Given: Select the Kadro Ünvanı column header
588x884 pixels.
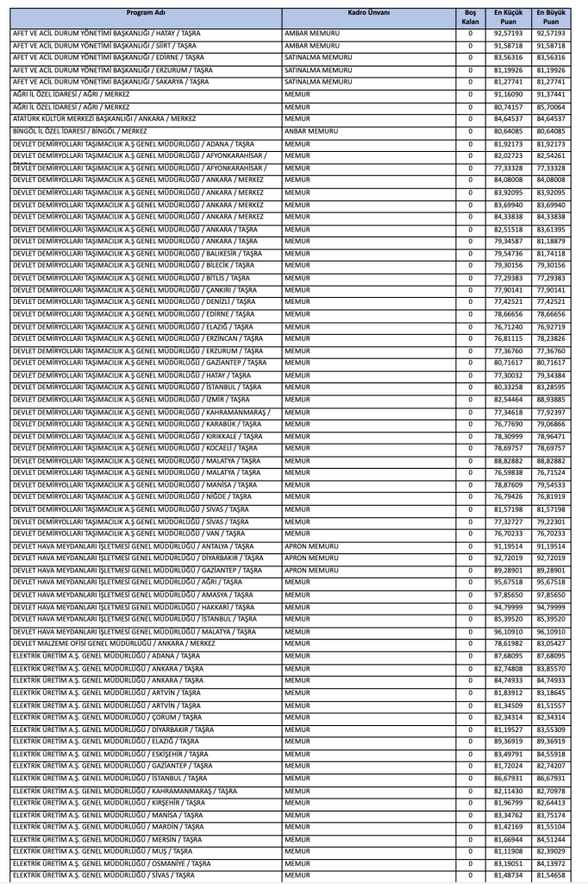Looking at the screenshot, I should pos(368,14).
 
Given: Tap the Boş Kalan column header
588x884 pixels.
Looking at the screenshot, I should pos(470,18).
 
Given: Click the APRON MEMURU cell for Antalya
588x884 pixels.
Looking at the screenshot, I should pos(311,546).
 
